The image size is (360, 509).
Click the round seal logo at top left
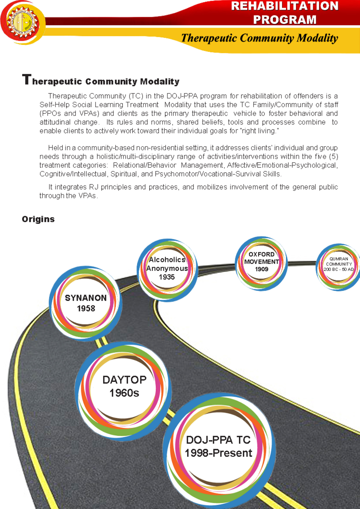(22, 23)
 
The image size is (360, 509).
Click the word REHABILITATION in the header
(284, 6)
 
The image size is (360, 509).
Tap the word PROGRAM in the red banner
(284, 20)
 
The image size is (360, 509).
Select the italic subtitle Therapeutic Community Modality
(259, 38)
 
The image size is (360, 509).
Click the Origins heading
(38, 219)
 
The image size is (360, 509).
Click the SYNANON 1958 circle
(85, 303)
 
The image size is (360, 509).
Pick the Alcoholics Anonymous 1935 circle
(167, 269)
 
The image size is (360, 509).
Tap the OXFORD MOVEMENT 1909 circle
(261, 262)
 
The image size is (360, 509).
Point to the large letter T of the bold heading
(26, 80)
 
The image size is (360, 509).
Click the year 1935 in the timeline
(167, 277)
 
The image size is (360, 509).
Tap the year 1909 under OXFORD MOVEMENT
(262, 269)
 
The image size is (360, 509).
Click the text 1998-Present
(218, 453)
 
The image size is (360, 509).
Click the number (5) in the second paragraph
(333, 157)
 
